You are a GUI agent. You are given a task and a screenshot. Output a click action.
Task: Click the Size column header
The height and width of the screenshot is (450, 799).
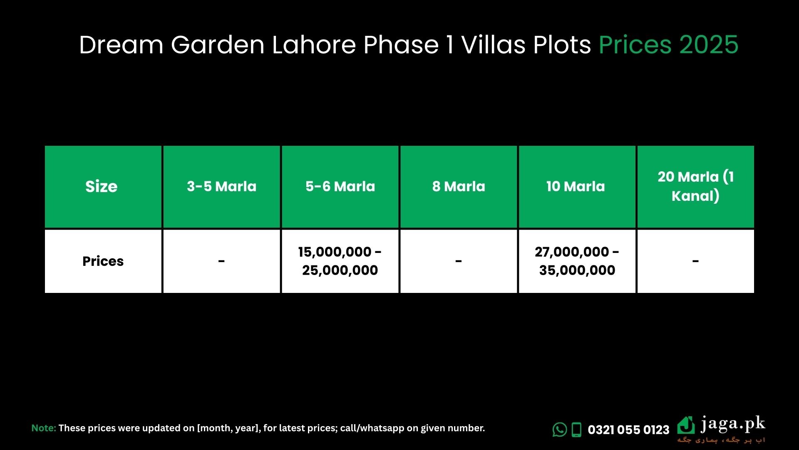[103, 187]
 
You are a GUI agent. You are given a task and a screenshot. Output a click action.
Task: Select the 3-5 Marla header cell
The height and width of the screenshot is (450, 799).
[221, 187]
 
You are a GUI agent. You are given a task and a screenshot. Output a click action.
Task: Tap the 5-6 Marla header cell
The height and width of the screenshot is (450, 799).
[340, 187]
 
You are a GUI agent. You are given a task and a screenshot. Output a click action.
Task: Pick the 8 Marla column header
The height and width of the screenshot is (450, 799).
[459, 187]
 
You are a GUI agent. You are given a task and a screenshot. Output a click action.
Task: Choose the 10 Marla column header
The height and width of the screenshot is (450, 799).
[577, 187]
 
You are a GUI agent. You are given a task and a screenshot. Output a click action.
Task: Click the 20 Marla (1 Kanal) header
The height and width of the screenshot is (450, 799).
[695, 187]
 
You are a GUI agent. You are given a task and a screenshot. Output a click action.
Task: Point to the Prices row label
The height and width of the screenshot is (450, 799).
[103, 261]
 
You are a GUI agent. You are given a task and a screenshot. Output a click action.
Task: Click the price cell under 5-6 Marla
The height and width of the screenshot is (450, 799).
[340, 261]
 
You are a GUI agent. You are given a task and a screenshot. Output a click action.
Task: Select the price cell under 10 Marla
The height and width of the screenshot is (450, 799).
[577, 261]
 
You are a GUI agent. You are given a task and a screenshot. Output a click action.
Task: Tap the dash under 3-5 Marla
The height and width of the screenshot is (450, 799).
[221, 262]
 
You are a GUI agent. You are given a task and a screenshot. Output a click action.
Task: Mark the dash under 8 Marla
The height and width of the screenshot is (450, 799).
[459, 262]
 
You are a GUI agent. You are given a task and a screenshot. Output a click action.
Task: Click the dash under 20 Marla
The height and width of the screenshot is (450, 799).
[695, 262]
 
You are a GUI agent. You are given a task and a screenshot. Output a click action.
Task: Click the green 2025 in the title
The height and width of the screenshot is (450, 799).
[709, 45]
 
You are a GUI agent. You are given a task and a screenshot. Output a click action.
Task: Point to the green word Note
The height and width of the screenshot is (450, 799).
[44, 428]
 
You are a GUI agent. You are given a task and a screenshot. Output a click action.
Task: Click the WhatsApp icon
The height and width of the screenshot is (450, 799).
[560, 430]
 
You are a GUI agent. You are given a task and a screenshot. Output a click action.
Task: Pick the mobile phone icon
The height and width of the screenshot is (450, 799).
[576, 430]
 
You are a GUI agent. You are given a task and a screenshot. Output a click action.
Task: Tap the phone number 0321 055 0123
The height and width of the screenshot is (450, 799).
[628, 430]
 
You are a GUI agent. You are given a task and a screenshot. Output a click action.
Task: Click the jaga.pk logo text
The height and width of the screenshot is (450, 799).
[733, 425]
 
